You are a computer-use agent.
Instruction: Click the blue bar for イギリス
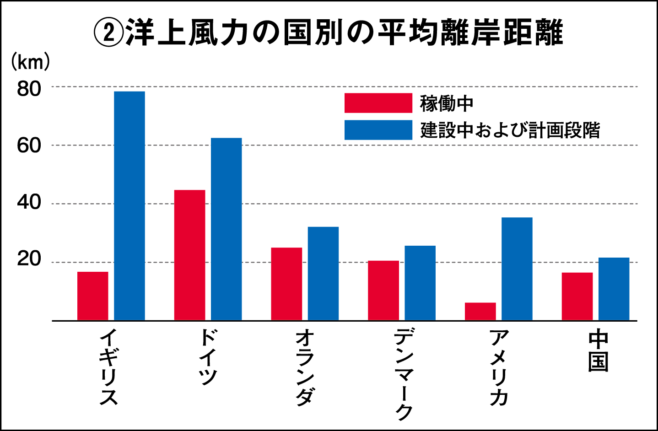click(129, 206)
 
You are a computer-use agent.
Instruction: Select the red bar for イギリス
click(93, 296)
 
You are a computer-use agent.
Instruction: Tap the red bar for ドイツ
click(190, 255)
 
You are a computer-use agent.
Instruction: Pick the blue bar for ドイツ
click(227, 229)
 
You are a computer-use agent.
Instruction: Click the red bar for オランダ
click(286, 284)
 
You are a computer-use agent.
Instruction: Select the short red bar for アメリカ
click(480, 311)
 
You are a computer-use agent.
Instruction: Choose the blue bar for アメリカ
click(517, 269)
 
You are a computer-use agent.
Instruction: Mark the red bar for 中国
click(577, 296)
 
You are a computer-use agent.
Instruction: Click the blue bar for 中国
click(614, 289)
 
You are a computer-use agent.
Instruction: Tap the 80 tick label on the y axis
click(29, 89)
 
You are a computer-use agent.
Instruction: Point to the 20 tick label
click(29, 259)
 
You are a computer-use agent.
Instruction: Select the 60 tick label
click(29, 146)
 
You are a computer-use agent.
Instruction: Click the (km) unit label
click(30, 62)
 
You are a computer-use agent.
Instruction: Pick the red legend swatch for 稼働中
click(378, 103)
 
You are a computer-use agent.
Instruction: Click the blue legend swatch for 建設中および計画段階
click(378, 130)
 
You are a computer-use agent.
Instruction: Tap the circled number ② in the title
click(108, 33)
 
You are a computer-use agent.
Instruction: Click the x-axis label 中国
click(598, 351)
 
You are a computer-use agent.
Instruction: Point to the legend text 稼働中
click(447, 103)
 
